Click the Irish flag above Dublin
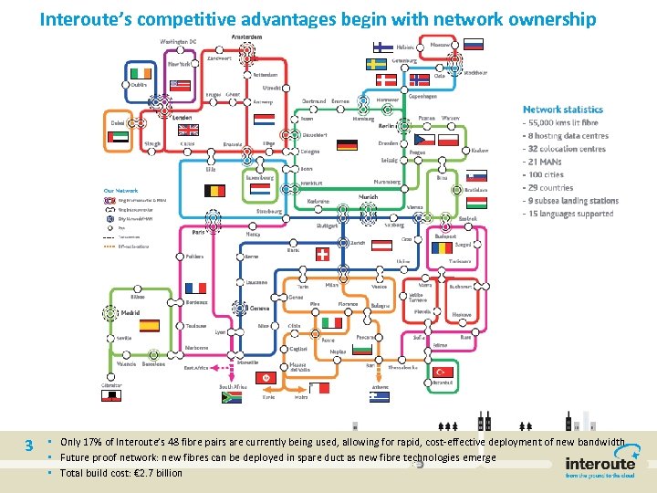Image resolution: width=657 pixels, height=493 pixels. (139, 72)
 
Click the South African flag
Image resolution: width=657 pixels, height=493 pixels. (233, 397)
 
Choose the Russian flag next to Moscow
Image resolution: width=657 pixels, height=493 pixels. (473, 44)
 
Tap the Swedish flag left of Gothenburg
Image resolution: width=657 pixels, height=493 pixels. (376, 64)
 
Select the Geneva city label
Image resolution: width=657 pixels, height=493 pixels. (260, 309)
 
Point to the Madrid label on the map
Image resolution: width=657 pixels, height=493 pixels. (130, 312)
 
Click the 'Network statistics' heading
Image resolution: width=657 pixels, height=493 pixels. (563, 110)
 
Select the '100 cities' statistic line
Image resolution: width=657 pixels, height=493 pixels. (545, 174)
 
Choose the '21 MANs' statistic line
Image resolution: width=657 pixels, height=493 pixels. (544, 162)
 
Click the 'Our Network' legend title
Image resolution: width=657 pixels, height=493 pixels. (120, 190)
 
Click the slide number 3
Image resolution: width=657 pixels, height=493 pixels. (30, 446)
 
